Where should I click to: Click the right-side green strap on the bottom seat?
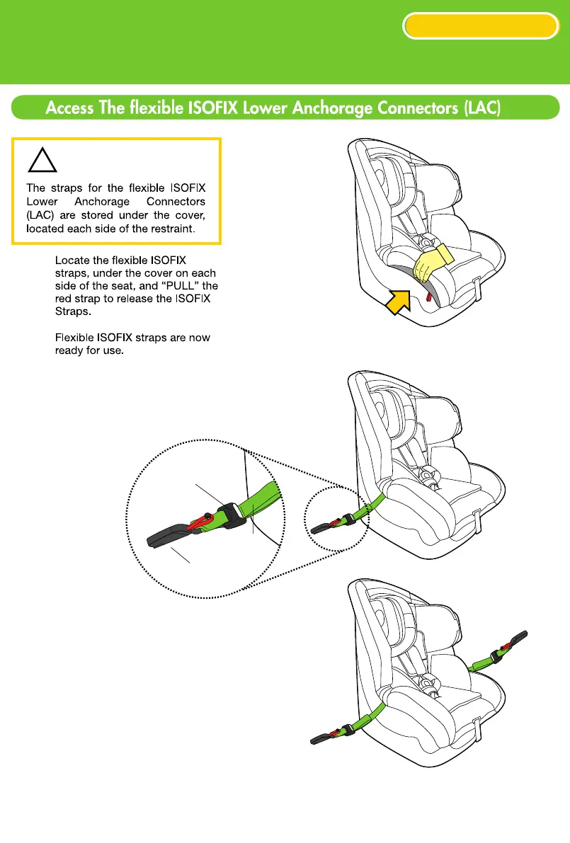(x=484, y=663)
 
